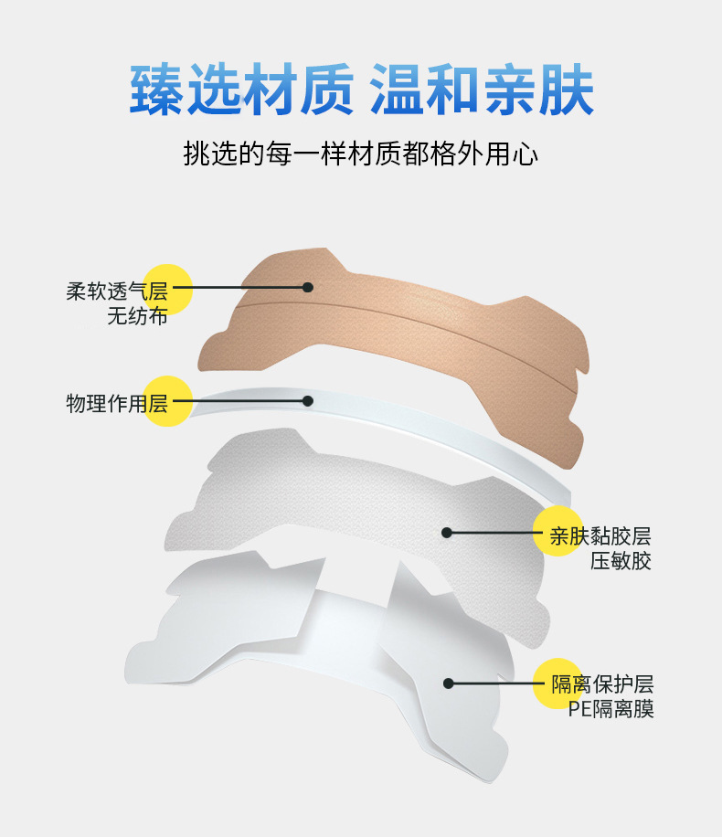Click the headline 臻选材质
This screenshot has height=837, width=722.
pos(241,89)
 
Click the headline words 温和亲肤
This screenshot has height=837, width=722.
pos(482,89)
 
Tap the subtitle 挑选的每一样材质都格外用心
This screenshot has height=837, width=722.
pos(361,154)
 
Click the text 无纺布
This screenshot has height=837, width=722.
pos(137,318)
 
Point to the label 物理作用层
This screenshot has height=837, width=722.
pos(117,403)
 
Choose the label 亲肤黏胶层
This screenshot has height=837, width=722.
pos(600,535)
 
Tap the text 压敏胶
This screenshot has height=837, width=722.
pos(621,561)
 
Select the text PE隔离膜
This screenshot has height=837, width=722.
pos(611,709)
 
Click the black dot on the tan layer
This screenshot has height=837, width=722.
pos(308,287)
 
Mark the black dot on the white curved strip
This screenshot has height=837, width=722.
pos(308,400)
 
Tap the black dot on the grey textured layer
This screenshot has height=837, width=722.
pos(447,532)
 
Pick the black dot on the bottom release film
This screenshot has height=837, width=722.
pos(448,683)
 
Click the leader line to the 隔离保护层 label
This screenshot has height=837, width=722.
pos(498,683)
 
